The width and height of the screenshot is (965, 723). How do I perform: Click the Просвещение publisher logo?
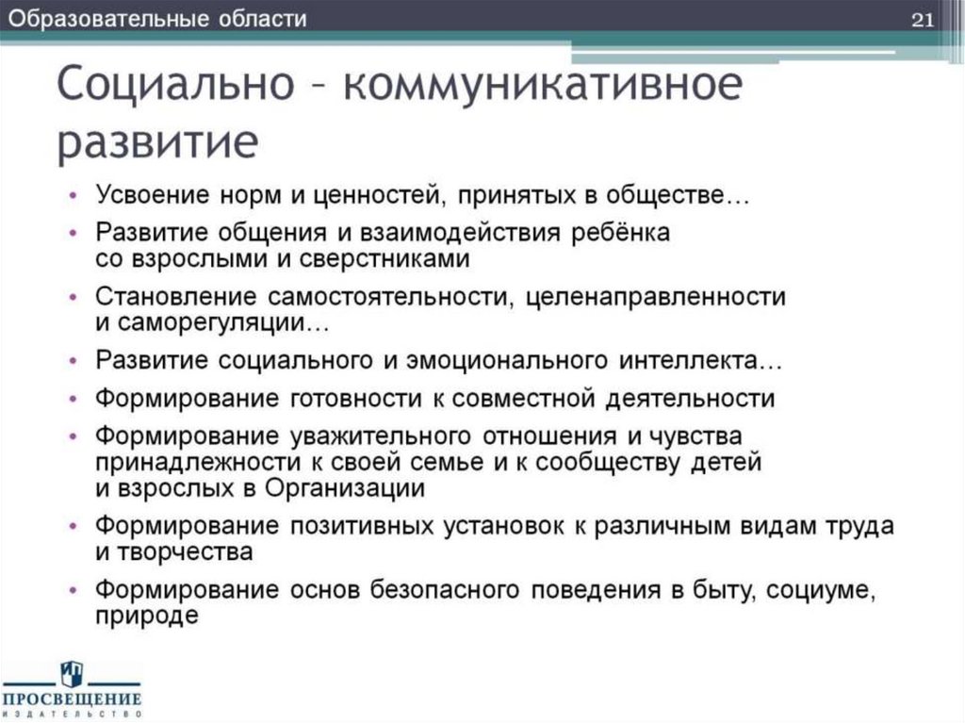click(73, 689)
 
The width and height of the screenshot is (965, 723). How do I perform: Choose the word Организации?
click(345, 488)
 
